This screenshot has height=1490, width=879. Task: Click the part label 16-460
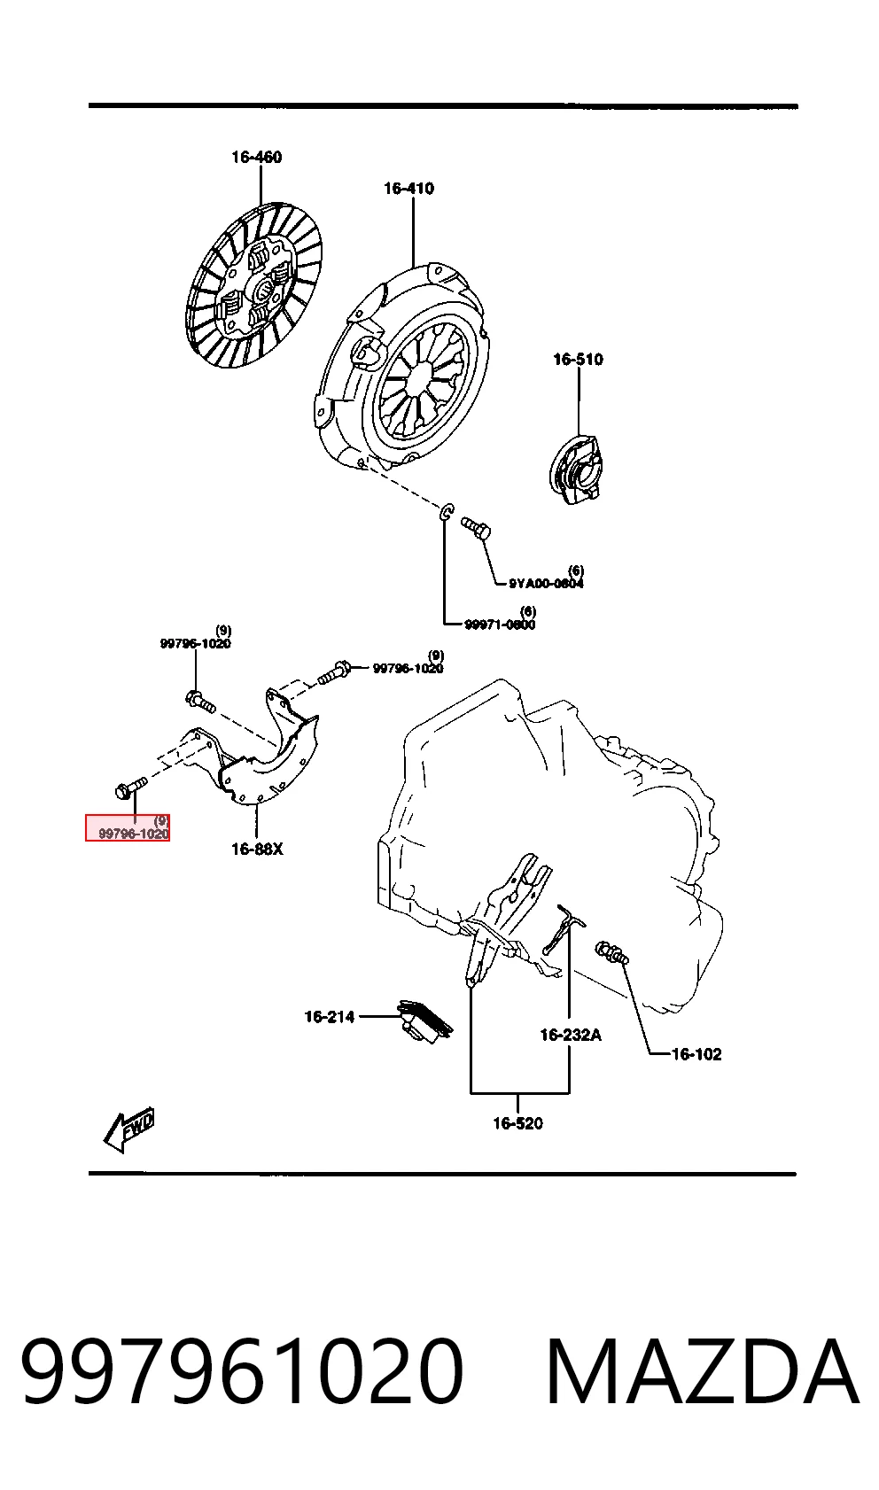pos(256,157)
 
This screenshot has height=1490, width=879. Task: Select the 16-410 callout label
pos(408,189)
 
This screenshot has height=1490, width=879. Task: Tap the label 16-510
pos(578,359)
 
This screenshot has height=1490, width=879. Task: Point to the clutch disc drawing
pos(253,286)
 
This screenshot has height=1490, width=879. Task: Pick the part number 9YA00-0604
pos(546,584)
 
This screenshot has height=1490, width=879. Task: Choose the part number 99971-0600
pos(500,624)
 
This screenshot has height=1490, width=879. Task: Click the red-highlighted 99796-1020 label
pos(133,834)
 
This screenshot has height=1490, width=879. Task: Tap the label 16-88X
pos(257,849)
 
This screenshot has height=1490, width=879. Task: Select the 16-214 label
pos(330,1016)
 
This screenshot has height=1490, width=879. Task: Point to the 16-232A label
pos(571,1035)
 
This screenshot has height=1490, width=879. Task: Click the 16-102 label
pos(696,1053)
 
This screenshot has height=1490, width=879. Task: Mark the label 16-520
pos(517,1123)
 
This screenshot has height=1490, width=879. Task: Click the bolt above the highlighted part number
pos(130,787)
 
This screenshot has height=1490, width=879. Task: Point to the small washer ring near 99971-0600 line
pos(447,512)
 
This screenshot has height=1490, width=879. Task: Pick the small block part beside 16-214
pos(424,1019)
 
